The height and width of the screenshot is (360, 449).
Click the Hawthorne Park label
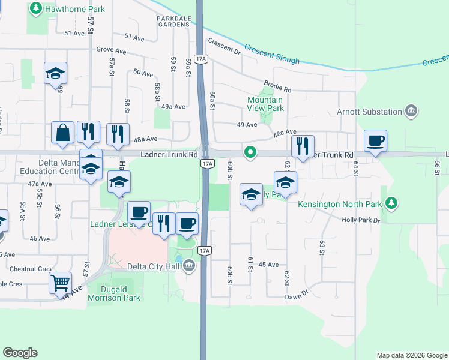click(x=75, y=10)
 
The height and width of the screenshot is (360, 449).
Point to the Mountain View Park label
click(x=265, y=104)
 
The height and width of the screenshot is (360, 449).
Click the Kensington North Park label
click(x=340, y=204)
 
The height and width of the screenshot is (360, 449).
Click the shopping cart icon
click(x=60, y=282)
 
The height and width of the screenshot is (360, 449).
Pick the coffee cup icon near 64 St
click(x=375, y=141)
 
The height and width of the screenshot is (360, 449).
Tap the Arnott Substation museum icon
click(x=411, y=111)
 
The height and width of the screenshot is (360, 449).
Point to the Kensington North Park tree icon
click(x=391, y=204)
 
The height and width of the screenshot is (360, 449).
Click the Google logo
click(x=20, y=353)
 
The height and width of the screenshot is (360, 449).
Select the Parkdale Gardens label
click(x=174, y=22)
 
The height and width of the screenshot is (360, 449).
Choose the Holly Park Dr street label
click(x=361, y=220)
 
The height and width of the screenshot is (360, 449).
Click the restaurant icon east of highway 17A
click(x=302, y=146)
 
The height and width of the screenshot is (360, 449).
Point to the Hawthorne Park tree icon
click(x=36, y=9)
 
